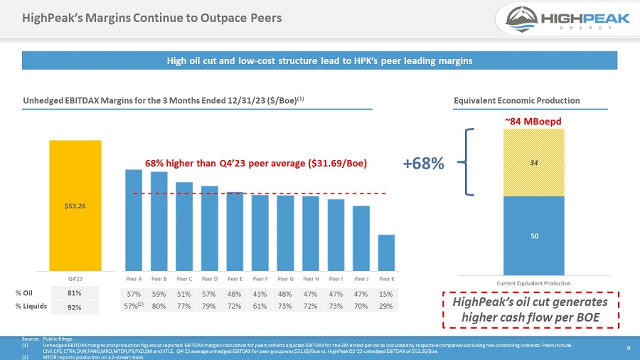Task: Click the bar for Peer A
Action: point(134,220)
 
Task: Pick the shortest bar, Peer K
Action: point(386,253)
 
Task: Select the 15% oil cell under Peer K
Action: point(387,293)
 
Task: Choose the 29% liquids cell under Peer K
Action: point(387,306)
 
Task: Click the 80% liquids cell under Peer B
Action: point(159,306)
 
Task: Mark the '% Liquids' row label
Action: point(31,307)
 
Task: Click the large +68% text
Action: point(424,164)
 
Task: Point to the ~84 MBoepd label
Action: point(533,121)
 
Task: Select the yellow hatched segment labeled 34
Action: point(533,162)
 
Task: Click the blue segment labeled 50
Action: point(533,235)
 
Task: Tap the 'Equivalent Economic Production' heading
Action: point(516,100)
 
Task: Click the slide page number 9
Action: point(629,348)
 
